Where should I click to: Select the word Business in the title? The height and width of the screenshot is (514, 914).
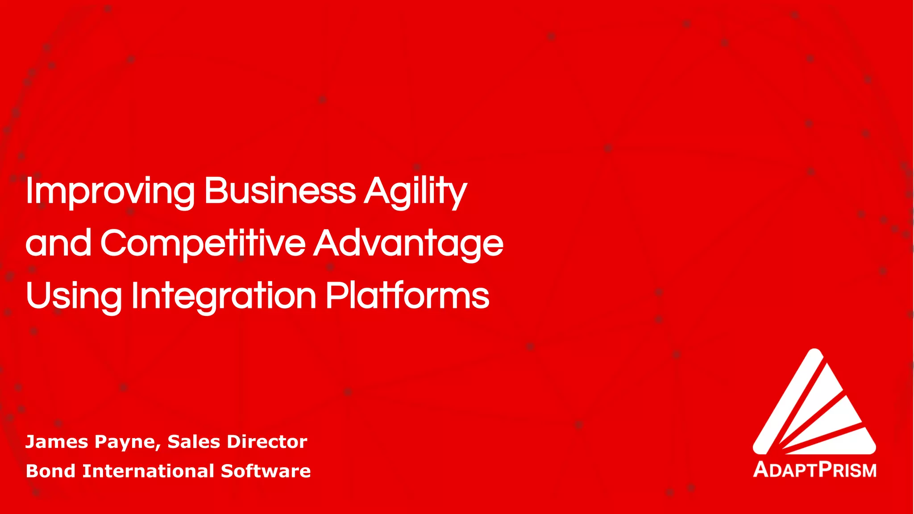coord(280,191)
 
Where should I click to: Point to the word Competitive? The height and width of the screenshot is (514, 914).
coord(203,244)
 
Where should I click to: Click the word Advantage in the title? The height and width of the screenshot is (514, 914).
coord(408,244)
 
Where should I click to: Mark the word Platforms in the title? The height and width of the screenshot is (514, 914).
coord(407,295)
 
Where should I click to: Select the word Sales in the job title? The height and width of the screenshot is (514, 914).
coord(194,442)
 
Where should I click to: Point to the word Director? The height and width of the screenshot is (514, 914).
coord(267,442)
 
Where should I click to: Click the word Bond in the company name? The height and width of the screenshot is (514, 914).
coord(50,471)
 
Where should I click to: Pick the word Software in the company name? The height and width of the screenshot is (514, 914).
coord(266,471)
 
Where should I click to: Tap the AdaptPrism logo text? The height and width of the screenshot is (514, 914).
coord(814,470)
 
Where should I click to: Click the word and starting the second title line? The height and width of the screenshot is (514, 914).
coord(58,244)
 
